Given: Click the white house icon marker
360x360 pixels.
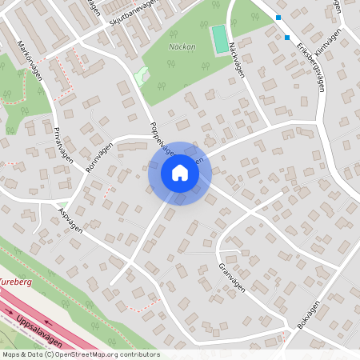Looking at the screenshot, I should click(x=180, y=173).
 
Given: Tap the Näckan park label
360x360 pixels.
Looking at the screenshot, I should click(x=182, y=47).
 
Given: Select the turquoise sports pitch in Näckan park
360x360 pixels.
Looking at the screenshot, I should click(x=218, y=37).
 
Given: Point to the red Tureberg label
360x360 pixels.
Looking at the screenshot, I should click(x=16, y=282).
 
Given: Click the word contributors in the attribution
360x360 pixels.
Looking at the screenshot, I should click(x=140, y=354).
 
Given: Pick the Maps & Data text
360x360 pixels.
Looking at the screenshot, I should click(x=22, y=354).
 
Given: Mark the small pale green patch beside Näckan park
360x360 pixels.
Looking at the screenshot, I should click(x=142, y=77).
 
